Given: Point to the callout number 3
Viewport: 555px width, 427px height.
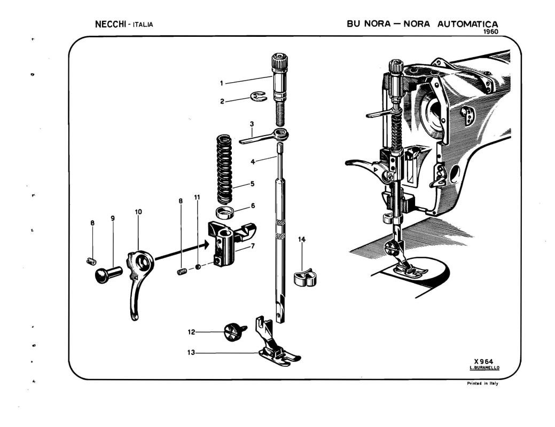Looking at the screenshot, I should coord(252,124).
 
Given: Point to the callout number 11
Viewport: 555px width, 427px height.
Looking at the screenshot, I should coord(197,197).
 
